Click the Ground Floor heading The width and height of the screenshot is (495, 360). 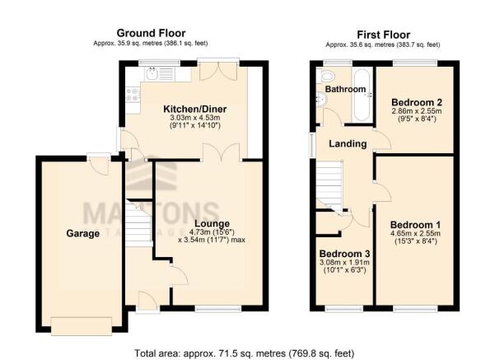[151, 33]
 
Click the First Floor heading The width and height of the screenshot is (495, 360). [383, 35]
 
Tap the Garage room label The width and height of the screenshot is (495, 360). [82, 234]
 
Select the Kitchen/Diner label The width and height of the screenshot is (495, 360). [194, 110]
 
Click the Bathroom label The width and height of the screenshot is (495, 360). [345, 89]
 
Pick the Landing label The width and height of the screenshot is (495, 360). [348, 144]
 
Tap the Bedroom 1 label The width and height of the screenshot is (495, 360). [415, 225]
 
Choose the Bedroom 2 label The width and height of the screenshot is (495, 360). [417, 102]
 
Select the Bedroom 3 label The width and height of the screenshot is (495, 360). [344, 254]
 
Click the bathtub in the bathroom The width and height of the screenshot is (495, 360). [362, 95]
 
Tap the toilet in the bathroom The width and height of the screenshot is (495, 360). [326, 76]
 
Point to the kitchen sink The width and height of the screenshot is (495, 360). [152, 74]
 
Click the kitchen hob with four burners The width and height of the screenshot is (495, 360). [133, 95]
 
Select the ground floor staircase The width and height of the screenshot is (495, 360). [139, 222]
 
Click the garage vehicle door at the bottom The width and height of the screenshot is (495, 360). [82, 325]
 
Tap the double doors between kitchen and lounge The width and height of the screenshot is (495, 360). [222, 152]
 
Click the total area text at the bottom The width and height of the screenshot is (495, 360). [245, 353]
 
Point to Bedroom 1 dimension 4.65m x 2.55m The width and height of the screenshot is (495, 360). [415, 234]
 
